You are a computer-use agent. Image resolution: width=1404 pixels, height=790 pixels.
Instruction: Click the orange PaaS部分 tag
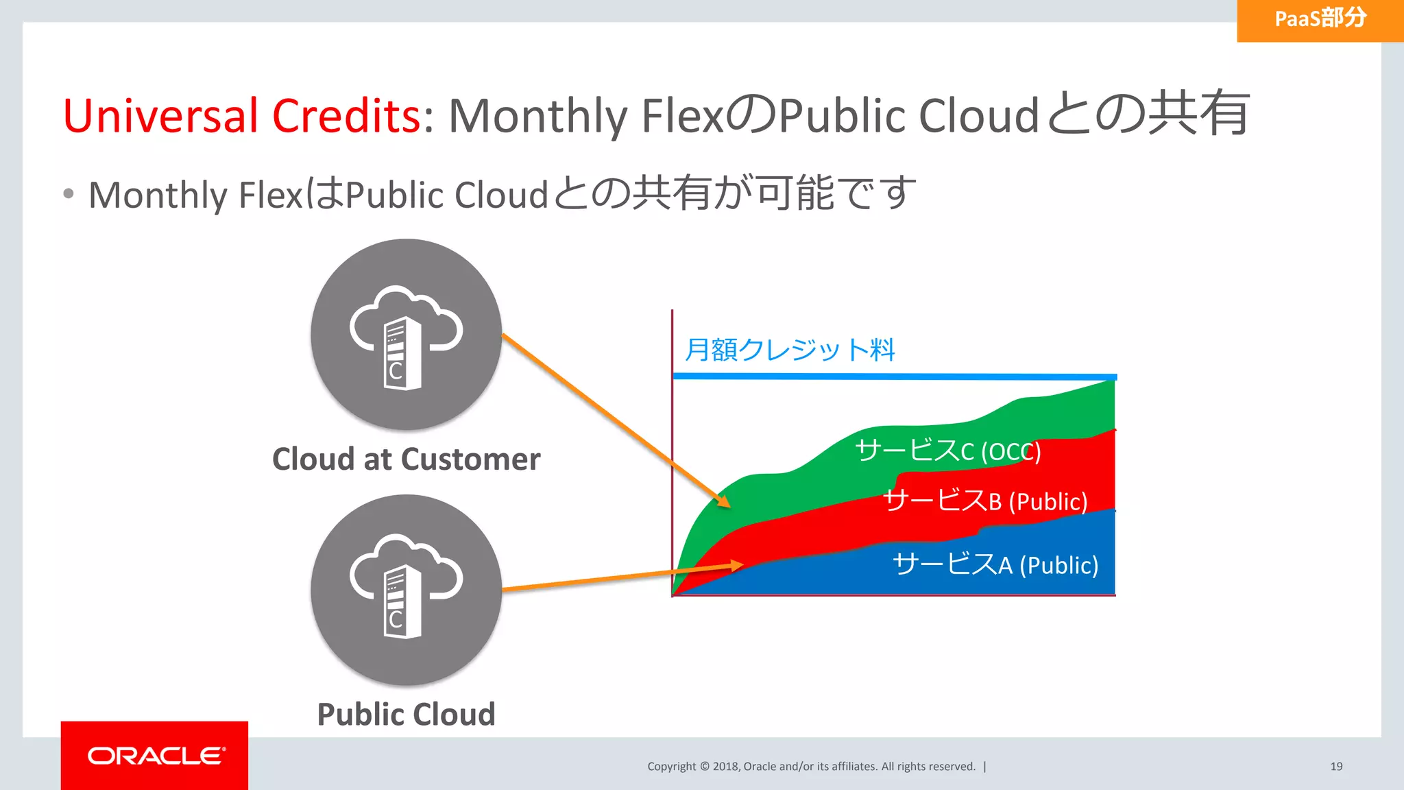tap(1320, 19)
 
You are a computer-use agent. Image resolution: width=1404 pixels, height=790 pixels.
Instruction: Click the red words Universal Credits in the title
tap(242, 115)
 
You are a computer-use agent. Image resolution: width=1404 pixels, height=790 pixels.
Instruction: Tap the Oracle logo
tap(155, 756)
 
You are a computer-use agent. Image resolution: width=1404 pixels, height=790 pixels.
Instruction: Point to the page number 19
tap(1336, 767)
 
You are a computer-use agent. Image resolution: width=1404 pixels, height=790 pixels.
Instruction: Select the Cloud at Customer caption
tap(406, 459)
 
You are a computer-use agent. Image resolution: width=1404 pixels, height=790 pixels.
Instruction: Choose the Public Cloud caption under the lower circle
tap(406, 715)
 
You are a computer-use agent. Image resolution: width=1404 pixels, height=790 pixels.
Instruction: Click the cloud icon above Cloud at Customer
tap(406, 335)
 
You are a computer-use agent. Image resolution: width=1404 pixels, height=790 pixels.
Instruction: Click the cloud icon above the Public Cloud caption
tap(406, 590)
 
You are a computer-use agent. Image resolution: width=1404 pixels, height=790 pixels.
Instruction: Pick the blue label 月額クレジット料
tap(790, 350)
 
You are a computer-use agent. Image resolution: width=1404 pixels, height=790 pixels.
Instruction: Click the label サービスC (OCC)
tap(947, 451)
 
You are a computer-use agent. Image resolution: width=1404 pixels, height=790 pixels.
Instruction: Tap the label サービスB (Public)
tap(985, 501)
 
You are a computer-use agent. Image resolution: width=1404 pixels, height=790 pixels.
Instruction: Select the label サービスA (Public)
tap(995, 565)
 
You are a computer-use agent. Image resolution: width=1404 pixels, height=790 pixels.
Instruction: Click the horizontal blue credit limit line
tap(891, 376)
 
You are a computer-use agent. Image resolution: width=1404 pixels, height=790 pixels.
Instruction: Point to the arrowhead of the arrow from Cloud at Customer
tap(724, 502)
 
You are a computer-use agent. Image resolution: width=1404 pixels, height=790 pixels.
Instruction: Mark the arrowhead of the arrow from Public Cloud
tap(737, 566)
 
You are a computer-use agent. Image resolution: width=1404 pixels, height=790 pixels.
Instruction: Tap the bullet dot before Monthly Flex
tap(68, 194)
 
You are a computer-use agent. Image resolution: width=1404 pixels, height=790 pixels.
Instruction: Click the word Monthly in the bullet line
tap(158, 195)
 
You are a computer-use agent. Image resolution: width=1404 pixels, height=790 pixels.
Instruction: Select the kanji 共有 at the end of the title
tap(1200, 114)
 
